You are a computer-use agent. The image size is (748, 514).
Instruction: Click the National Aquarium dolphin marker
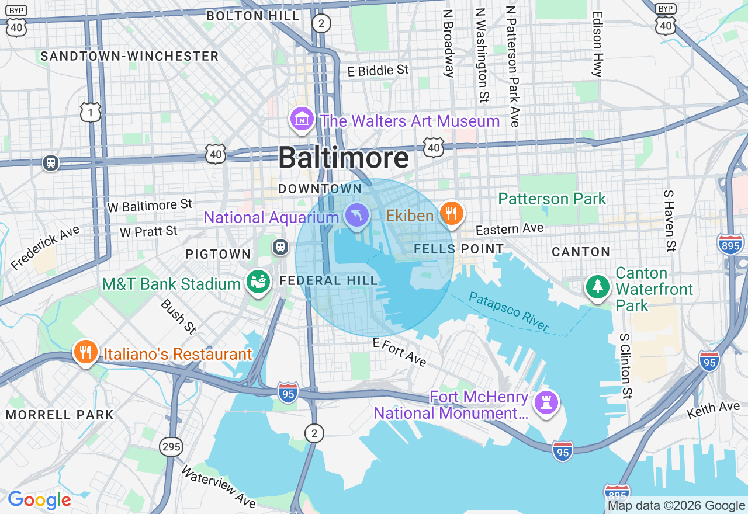click(x=356, y=216)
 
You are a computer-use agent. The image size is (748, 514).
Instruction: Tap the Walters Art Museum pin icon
click(x=302, y=119)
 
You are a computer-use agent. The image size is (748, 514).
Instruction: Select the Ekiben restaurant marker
click(x=451, y=214)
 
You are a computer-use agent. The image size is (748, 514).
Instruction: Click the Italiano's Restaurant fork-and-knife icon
click(x=85, y=352)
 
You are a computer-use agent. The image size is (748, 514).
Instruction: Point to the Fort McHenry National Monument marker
click(x=547, y=404)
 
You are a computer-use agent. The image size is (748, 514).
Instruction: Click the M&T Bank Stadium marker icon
click(x=258, y=283)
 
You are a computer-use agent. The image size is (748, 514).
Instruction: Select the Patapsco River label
click(x=509, y=312)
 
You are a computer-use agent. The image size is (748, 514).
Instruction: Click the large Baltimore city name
click(x=343, y=158)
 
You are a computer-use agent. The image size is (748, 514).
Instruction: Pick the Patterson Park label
click(x=552, y=199)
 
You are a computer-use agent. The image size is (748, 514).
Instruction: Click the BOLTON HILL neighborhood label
click(x=253, y=16)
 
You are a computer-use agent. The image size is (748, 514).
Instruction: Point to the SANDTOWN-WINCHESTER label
click(x=129, y=56)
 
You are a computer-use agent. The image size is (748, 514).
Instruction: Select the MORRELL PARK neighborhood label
click(x=60, y=415)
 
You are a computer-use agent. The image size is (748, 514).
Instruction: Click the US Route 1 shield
click(x=91, y=112)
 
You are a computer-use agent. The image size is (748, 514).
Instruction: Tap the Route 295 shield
click(x=171, y=447)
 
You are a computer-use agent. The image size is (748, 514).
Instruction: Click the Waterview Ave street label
click(x=217, y=487)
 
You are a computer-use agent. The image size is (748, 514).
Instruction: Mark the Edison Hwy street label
click(x=597, y=44)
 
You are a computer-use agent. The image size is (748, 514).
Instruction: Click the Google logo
click(x=39, y=501)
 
